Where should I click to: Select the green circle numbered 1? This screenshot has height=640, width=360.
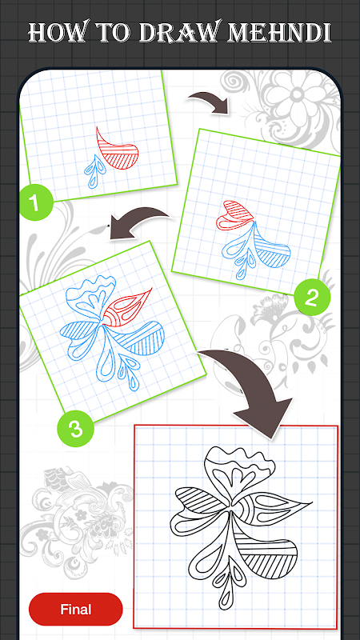[x=36, y=202]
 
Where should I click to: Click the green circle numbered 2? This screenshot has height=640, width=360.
[x=311, y=298]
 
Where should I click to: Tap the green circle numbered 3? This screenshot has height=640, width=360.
[x=75, y=428]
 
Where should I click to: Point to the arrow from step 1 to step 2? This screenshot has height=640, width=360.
[x=209, y=102]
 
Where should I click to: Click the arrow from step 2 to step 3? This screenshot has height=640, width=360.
[x=138, y=222]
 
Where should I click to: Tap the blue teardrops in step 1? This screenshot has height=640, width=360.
[x=94, y=171]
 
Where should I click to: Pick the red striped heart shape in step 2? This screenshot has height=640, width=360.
[x=234, y=215]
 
